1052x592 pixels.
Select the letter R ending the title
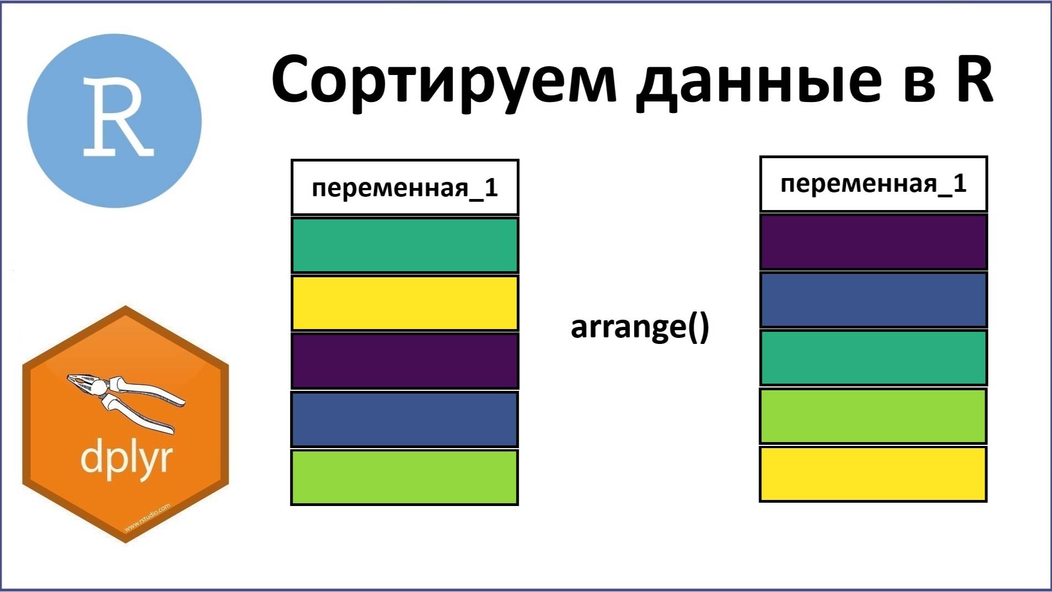pyautogui.click(x=970, y=78)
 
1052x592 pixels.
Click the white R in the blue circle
pyautogui.click(x=117, y=117)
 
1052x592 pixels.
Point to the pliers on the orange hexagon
pyautogui.click(x=126, y=401)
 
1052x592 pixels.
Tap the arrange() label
pyautogui.click(x=640, y=327)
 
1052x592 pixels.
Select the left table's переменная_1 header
pyautogui.click(x=405, y=187)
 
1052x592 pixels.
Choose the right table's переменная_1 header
pyautogui.click(x=873, y=184)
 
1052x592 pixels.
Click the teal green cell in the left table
pyautogui.click(x=405, y=245)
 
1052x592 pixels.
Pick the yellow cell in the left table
pyautogui.click(x=405, y=303)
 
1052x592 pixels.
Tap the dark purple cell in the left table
pyautogui.click(x=405, y=361)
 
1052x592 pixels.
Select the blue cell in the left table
pyautogui.click(x=405, y=419)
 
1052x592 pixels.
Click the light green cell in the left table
pyautogui.click(x=405, y=477)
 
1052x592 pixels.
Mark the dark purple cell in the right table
pyautogui.click(x=873, y=242)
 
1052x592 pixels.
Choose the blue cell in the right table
pyautogui.click(x=873, y=300)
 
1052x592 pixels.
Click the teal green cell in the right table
pyautogui.click(x=873, y=358)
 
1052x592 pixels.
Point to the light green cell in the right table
pyautogui.click(x=873, y=416)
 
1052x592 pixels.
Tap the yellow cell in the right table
pyautogui.click(x=873, y=474)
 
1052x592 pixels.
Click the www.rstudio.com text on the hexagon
pyautogui.click(x=147, y=517)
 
